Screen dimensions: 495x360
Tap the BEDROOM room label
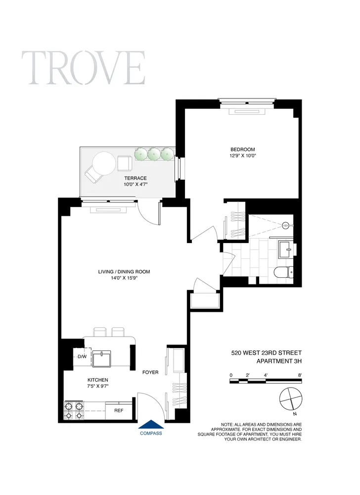coord(242,149)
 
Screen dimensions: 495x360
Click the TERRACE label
coord(135,178)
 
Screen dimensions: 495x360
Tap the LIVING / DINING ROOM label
coord(124,271)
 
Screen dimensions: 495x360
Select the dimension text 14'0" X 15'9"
coord(124,278)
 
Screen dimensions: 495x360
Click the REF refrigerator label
coord(119,410)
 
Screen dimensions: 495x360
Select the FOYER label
coord(150,372)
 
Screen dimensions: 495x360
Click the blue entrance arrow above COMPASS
coord(150,424)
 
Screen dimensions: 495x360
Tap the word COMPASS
coord(150,433)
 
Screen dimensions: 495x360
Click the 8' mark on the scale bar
coord(300,375)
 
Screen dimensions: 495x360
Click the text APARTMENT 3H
coord(274,361)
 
